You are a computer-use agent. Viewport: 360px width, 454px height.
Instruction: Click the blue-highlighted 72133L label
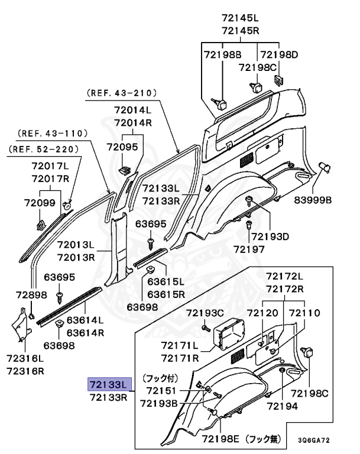(x=108, y=384)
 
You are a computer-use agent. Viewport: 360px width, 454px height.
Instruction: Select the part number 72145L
(x=242, y=18)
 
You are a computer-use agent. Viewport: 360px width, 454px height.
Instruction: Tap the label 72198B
(x=223, y=55)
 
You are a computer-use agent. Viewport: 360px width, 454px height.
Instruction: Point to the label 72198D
(x=279, y=55)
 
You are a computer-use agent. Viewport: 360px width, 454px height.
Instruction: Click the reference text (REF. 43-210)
(x=121, y=93)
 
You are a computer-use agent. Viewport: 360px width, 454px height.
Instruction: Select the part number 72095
(x=122, y=146)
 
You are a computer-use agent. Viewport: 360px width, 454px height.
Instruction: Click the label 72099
(x=40, y=203)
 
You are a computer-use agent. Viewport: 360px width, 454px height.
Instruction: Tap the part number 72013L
(x=76, y=245)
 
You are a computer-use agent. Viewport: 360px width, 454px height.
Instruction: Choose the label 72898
(x=31, y=294)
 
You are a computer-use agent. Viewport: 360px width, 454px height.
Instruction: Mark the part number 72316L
(x=25, y=358)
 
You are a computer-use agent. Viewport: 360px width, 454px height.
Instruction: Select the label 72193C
(x=205, y=312)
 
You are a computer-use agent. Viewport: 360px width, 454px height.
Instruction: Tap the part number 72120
(x=262, y=312)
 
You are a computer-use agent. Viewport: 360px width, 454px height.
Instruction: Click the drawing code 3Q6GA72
(x=313, y=440)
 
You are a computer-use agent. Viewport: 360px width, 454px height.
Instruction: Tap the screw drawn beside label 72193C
(x=205, y=327)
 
